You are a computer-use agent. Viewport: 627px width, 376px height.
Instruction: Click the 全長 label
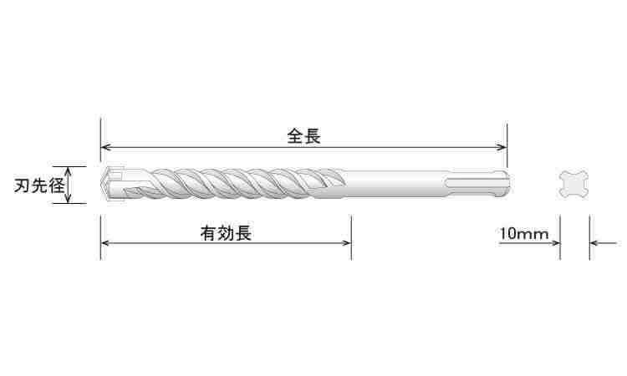tap(304, 136)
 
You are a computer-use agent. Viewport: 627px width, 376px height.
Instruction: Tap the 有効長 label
tap(226, 233)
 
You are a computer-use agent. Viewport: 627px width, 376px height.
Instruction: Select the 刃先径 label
tap(39, 185)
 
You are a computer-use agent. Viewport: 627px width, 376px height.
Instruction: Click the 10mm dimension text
tap(524, 234)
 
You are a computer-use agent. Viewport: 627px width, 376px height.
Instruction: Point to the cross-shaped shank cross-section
tap(574, 185)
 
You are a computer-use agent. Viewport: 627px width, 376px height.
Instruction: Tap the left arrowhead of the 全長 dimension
tap(105, 147)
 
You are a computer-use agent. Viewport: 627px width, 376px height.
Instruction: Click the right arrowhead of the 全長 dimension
tap(502, 147)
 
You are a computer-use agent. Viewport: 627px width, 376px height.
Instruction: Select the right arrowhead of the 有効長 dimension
tap(347, 243)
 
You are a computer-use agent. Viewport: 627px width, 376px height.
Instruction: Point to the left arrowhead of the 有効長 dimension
tap(105, 243)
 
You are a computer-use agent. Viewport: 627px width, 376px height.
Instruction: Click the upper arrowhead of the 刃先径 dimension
tap(69, 170)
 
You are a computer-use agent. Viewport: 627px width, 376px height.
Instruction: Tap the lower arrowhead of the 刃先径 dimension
tap(69, 199)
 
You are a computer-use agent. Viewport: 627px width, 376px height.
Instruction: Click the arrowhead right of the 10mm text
tap(555, 243)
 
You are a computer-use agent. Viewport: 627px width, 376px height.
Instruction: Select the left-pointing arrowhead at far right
tap(594, 243)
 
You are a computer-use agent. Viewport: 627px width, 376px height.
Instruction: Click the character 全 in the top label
tap(295, 136)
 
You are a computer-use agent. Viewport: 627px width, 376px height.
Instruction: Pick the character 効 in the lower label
tap(226, 233)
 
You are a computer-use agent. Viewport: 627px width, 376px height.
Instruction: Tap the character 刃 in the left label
tap(23, 185)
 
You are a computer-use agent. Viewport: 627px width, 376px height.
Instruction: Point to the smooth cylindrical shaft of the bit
tap(394, 184)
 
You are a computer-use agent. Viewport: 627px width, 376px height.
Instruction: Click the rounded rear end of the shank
tap(507, 184)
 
